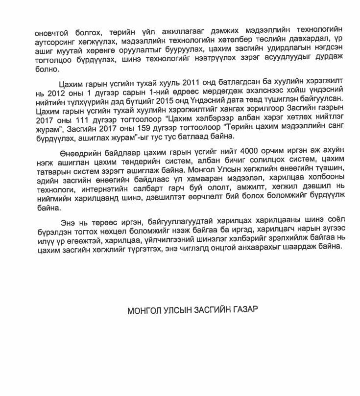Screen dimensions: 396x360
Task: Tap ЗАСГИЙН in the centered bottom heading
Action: tap(210, 311)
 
